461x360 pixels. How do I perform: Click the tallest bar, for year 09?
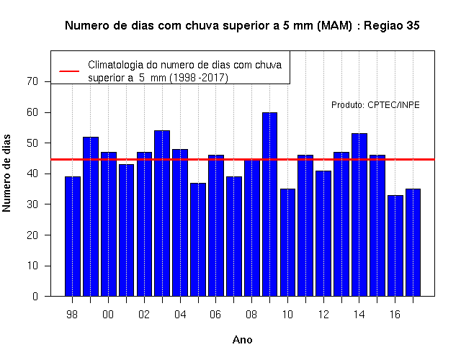[269, 204]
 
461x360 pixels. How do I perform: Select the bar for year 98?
[72, 236]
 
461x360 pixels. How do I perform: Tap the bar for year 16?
[395, 246]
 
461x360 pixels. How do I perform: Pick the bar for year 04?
[180, 222]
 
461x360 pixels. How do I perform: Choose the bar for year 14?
[359, 215]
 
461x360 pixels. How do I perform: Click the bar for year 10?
[287, 243]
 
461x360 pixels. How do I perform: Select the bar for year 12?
[323, 233]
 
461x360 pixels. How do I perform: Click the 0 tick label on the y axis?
[35, 296]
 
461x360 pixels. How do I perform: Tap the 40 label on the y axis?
[32, 174]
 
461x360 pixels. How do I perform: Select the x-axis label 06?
[215, 315]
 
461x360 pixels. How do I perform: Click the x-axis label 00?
[108, 315]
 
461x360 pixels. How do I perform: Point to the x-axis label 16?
[395, 315]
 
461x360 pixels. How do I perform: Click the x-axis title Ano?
[242, 340]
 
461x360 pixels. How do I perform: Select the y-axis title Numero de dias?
[6, 174]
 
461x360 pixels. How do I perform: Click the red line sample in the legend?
[69, 71]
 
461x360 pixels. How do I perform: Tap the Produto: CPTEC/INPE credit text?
[375, 105]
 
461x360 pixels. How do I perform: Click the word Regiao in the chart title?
[383, 26]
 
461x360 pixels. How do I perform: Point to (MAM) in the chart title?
[334, 26]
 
